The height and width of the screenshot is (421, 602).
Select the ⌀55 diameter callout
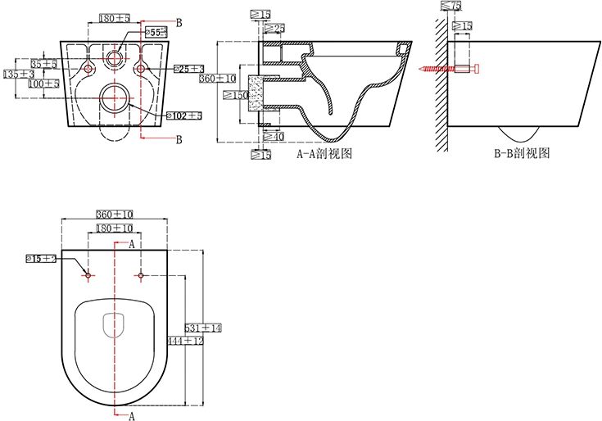[156, 31]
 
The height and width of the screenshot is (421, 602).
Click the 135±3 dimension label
[18, 74]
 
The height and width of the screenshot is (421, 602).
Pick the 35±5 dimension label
[43, 63]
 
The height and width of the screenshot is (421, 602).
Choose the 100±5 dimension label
[43, 84]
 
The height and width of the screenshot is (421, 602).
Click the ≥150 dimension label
[236, 95]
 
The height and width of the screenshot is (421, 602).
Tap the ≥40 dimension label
[275, 137]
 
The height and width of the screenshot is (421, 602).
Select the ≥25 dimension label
[275, 29]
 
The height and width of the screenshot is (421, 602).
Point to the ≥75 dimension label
[450, 7]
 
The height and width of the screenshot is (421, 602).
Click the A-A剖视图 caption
[324, 153]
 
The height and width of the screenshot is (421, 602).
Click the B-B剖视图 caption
[521, 153]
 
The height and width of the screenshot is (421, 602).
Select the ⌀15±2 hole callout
[41, 259]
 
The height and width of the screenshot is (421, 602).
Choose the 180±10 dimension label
[115, 228]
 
